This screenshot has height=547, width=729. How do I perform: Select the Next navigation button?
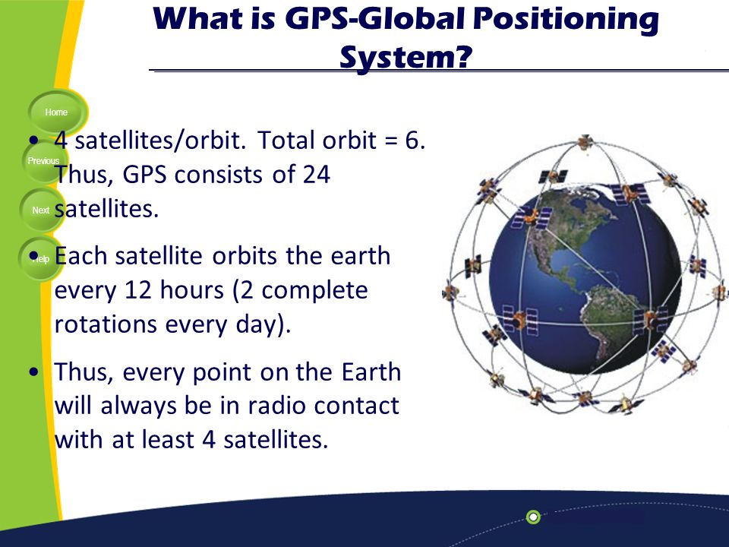[x=42, y=210]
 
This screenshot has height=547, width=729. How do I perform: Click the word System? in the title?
[x=406, y=58]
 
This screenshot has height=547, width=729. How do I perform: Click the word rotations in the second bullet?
[x=106, y=324]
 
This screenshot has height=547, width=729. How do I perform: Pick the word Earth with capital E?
[x=371, y=372]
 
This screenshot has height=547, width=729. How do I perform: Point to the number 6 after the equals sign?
[x=412, y=140]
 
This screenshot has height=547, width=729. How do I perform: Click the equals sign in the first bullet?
[x=392, y=141]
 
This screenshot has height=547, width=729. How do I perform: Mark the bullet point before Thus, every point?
[x=33, y=372]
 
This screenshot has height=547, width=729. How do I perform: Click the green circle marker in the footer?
[x=533, y=517]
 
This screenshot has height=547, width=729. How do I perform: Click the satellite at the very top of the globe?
[x=585, y=141]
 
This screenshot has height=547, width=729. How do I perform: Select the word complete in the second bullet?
[x=314, y=291]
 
